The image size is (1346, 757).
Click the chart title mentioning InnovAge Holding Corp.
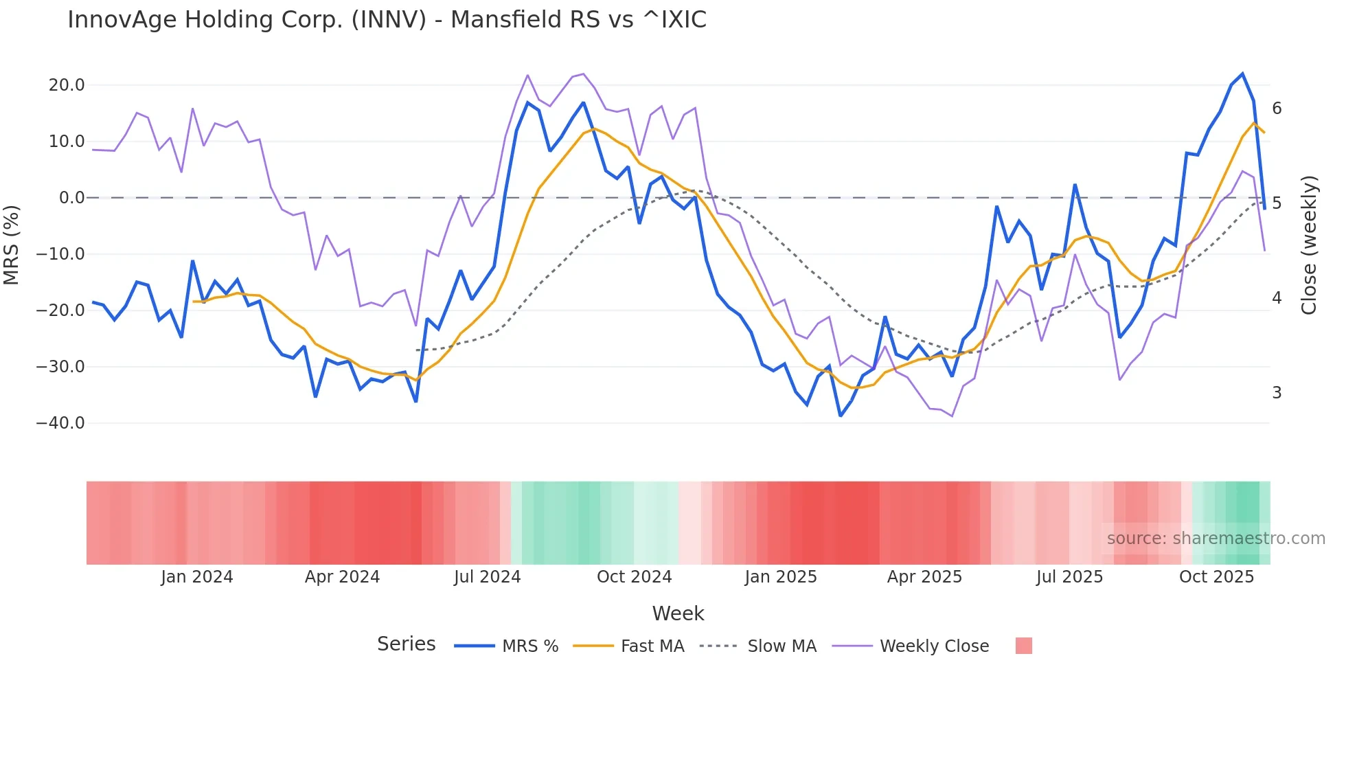tap(387, 20)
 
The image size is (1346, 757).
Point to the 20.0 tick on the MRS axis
tap(67, 85)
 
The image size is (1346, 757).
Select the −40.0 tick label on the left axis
tap(60, 423)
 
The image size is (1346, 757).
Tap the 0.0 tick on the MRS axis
tap(71, 198)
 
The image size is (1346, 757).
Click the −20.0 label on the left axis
tap(60, 310)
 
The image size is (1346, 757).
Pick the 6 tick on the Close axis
tap(1277, 109)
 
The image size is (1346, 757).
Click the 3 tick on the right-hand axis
tap(1277, 393)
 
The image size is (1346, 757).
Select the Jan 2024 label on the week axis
tap(197, 577)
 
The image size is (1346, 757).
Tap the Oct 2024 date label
tap(634, 577)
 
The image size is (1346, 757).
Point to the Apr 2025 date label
tap(924, 577)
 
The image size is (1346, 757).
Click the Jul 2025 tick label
tap(1069, 577)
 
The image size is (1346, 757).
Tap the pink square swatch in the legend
tap(1023, 646)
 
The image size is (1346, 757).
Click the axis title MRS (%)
tap(12, 245)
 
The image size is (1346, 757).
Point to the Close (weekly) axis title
tap(1309, 245)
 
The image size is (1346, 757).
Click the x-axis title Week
tap(678, 613)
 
